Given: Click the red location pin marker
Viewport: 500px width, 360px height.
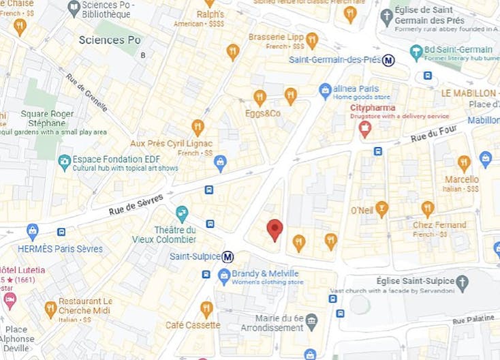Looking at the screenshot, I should pyautogui.click(x=275, y=228).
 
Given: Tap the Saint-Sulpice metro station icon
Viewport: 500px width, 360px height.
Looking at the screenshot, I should pyautogui.click(x=228, y=257).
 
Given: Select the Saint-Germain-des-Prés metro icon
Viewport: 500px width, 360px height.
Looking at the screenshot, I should pyautogui.click(x=388, y=60).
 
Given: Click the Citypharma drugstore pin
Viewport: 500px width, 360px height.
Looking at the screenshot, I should pyautogui.click(x=365, y=128).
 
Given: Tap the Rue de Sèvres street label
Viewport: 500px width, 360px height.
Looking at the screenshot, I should pyautogui.click(x=136, y=205).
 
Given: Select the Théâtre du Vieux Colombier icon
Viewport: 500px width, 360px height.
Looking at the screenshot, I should pyautogui.click(x=182, y=214).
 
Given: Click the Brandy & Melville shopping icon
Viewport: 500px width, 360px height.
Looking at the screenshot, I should pyautogui.click(x=223, y=276).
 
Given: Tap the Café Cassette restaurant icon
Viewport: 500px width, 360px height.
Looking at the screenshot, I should pyautogui.click(x=206, y=309).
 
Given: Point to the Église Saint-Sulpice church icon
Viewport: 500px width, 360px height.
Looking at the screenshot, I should pyautogui.click(x=462, y=282).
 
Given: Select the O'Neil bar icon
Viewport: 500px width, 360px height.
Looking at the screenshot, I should pyautogui.click(x=382, y=209).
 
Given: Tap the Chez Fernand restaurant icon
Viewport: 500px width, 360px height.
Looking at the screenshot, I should pyautogui.click(x=428, y=209).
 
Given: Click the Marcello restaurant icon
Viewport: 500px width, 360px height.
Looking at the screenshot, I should pyautogui.click(x=464, y=163).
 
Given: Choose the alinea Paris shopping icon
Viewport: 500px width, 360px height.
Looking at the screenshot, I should pyautogui.click(x=326, y=90).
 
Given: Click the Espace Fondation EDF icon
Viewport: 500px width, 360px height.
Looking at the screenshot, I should pyautogui.click(x=65, y=162).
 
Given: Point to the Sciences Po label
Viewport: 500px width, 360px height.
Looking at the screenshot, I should pyautogui.click(x=110, y=40).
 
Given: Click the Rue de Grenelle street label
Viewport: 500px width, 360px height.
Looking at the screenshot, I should pyautogui.click(x=87, y=92).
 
